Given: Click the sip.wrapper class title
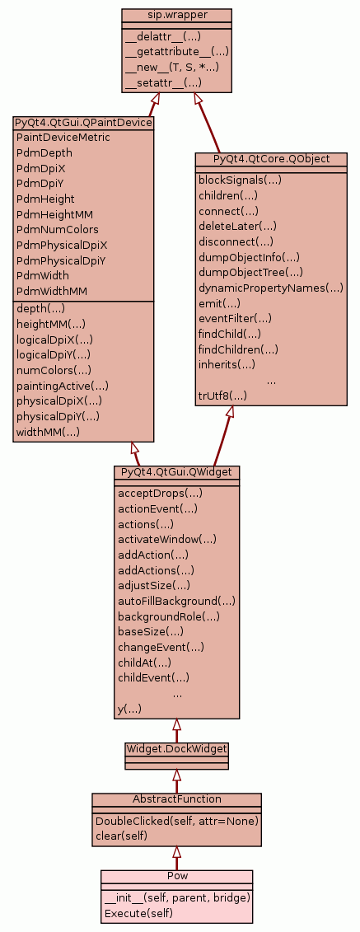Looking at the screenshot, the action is tap(176, 14).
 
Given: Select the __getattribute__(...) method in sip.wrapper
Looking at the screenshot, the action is tap(177, 52).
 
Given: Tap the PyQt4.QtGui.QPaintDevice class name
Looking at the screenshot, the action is tap(83, 123).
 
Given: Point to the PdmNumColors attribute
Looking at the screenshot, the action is tap(58, 229).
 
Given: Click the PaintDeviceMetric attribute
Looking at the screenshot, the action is tap(63, 138).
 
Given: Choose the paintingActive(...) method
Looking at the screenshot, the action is tap(63, 386).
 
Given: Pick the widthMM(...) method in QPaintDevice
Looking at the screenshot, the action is tap(48, 432).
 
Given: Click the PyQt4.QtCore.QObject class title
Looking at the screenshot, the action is tap(271, 159).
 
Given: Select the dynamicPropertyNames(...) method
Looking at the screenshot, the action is tap(271, 288).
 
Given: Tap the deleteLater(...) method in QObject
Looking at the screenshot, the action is tap(237, 226).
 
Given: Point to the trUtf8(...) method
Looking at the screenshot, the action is tap(222, 396).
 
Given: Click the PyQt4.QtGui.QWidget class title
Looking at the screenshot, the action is tap(176, 471).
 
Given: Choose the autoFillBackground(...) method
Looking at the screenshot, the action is tap(176, 601).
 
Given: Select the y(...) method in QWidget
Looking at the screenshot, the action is tap(129, 710).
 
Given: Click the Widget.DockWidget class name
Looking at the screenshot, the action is tap(176, 747).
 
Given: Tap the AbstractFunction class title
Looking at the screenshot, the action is tap(176, 799).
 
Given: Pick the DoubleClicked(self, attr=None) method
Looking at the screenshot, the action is tap(176, 821).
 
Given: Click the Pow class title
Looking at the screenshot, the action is tap(176, 875).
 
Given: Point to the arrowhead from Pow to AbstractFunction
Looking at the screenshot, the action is tap(176, 852).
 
